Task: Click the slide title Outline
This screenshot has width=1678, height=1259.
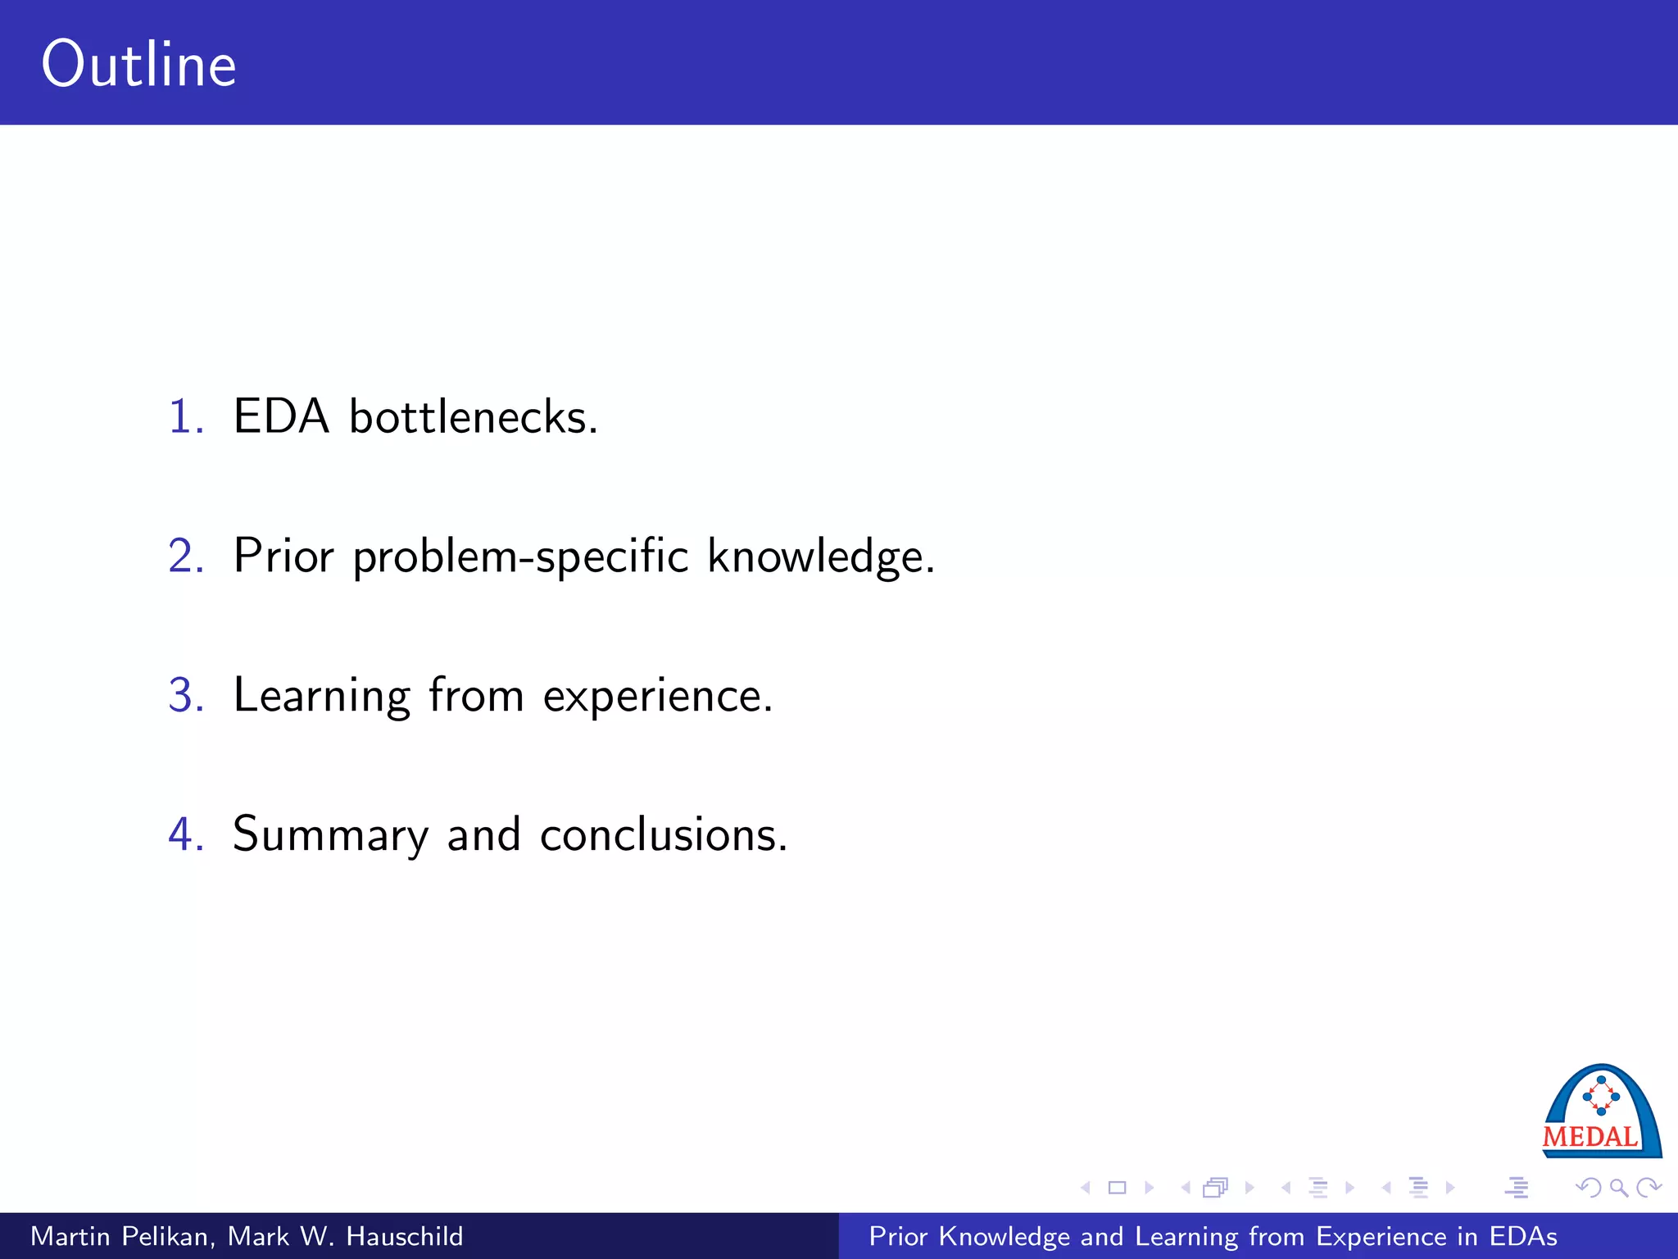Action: point(139,65)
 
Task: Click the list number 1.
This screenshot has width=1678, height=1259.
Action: point(185,416)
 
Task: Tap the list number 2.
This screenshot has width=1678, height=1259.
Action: point(185,556)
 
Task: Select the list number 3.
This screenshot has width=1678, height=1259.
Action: point(185,695)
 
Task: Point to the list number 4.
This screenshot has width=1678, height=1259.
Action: point(185,834)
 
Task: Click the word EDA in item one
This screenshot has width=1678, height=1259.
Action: point(281,416)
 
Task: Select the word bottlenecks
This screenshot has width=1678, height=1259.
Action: point(473,416)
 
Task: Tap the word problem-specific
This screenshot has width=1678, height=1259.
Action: point(520,557)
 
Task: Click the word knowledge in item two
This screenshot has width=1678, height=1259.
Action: point(819,557)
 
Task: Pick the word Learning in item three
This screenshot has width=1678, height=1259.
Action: point(321,697)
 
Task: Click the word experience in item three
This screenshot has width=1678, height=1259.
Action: point(657,697)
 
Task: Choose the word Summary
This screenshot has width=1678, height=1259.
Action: point(330,836)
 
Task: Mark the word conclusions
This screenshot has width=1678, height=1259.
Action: point(663,834)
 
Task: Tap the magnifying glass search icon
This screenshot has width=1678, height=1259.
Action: point(1618,1187)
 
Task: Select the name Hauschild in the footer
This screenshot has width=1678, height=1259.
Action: point(404,1236)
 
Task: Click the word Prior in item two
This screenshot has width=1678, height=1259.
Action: point(283,556)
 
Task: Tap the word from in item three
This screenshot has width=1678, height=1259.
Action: point(476,695)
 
